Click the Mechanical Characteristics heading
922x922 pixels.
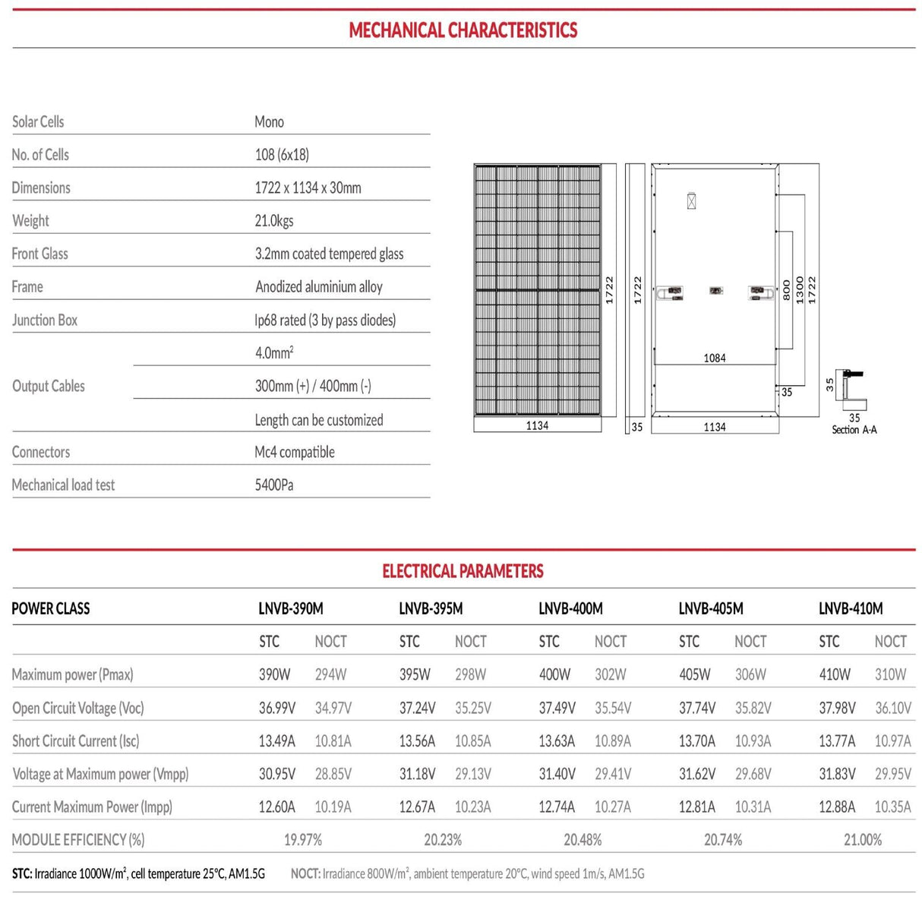pyautogui.click(x=463, y=30)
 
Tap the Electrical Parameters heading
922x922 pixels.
pyautogui.click(x=463, y=571)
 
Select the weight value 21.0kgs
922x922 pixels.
pyautogui.click(x=274, y=221)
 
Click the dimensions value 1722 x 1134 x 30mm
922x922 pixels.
pyautogui.click(x=308, y=188)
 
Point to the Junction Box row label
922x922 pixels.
pyautogui.click(x=45, y=320)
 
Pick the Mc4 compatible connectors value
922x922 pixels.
pyautogui.click(x=295, y=453)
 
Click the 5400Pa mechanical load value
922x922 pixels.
pyautogui.click(x=274, y=485)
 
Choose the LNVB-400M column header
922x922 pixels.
pyautogui.click(x=570, y=609)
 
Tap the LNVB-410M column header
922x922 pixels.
pyautogui.click(x=851, y=609)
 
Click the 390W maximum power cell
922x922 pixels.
pyautogui.click(x=275, y=674)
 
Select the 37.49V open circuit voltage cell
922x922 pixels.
pyautogui.click(x=557, y=708)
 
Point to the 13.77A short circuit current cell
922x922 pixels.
pyautogui.click(x=837, y=741)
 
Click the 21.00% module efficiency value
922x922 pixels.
pyautogui.click(x=863, y=840)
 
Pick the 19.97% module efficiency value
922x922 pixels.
pyautogui.click(x=303, y=840)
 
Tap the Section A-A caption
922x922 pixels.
pyautogui.click(x=854, y=430)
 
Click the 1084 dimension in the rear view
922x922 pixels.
pyautogui.click(x=714, y=358)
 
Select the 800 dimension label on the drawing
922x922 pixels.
pyautogui.click(x=787, y=290)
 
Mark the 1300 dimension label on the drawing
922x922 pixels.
pyautogui.click(x=800, y=290)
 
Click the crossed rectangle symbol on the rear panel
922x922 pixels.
pyautogui.click(x=691, y=202)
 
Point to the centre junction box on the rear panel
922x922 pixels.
pyautogui.click(x=715, y=291)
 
